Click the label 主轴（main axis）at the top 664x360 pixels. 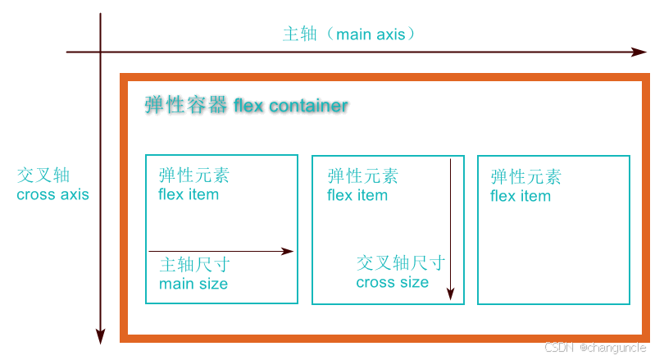point(350,34)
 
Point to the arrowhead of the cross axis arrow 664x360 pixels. point(100,335)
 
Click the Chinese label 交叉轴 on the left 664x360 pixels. point(43,175)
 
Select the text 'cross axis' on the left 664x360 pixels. point(52,195)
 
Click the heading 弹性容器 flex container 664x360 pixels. point(246,106)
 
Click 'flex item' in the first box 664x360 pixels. point(189,195)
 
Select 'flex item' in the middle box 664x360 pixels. point(357,196)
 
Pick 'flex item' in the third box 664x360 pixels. point(521,196)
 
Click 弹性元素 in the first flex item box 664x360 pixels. point(194,175)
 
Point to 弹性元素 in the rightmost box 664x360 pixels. point(526,176)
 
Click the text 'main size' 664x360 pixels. point(193,284)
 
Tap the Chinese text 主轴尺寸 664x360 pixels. point(194,265)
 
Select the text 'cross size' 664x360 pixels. point(392,282)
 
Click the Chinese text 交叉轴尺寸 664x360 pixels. point(401,262)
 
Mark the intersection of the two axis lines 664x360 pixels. point(100,52)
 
